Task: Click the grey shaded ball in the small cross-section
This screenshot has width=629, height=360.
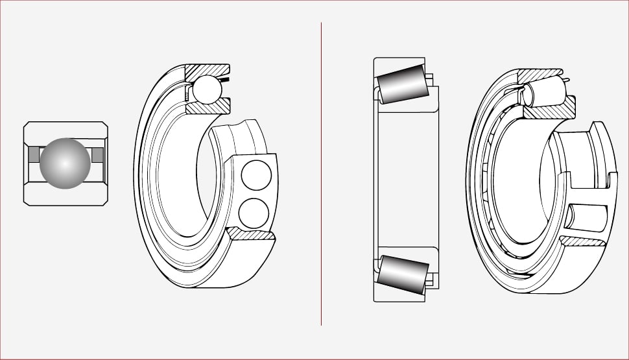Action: click(x=64, y=163)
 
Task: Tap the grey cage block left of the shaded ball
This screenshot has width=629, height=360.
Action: click(x=34, y=154)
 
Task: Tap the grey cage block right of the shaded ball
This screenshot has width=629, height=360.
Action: click(x=97, y=154)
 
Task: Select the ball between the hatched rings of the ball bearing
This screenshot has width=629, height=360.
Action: click(x=208, y=89)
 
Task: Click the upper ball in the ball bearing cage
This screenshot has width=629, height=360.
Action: click(x=255, y=174)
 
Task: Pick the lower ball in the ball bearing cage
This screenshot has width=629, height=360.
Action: click(x=253, y=212)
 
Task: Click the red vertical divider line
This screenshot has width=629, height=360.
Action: click(x=321, y=175)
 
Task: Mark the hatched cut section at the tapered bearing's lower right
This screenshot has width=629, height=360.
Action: click(x=584, y=241)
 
